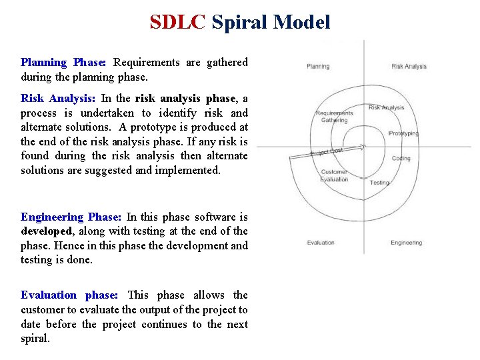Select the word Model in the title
(302, 22)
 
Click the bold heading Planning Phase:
(63, 63)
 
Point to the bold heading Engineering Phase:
(71, 217)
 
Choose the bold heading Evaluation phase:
(69, 295)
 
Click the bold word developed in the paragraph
(45, 231)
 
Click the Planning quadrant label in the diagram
(317, 66)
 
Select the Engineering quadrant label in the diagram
(406, 243)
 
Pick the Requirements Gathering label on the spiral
(334, 117)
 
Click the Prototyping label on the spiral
(403, 133)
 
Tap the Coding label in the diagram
(401, 159)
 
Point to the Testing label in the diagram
(379, 182)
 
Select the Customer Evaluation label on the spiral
(334, 176)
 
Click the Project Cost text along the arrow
(327, 153)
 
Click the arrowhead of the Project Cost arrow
(363, 147)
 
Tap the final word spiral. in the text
(35, 339)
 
